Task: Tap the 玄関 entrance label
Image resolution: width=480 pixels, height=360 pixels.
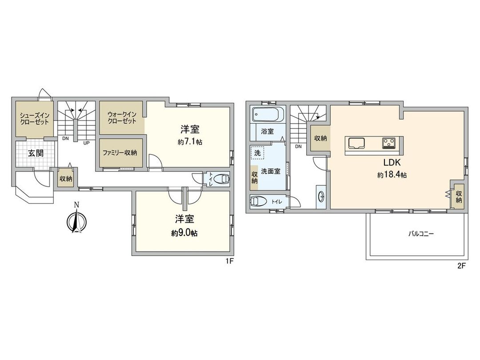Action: point(36,153)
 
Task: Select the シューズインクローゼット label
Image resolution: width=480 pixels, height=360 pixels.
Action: point(34,118)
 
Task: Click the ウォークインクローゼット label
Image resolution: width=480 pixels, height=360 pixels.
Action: point(121,118)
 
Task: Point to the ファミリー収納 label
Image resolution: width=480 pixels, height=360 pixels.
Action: point(120,152)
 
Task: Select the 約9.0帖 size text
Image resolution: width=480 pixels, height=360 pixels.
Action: point(184,233)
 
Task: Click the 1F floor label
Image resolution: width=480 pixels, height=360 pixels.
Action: point(229,262)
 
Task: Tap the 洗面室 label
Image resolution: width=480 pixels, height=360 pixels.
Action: point(271,171)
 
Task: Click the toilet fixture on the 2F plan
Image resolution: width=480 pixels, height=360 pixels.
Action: point(259,201)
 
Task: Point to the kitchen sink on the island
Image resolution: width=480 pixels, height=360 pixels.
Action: point(356,143)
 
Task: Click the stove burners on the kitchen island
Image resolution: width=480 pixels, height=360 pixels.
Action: point(389,143)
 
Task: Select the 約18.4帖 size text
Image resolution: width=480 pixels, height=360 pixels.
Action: point(392,175)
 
